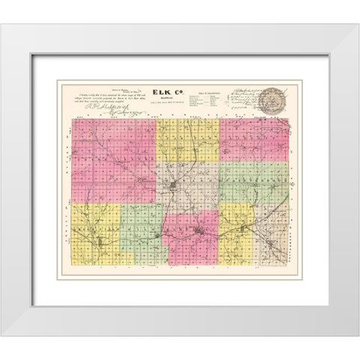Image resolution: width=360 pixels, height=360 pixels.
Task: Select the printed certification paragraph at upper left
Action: pyautogui.click(x=105, y=96)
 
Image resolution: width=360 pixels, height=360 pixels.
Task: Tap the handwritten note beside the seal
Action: pyautogui.click(x=240, y=97)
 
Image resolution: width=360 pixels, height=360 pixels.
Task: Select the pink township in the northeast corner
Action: pyautogui.click(x=255, y=139)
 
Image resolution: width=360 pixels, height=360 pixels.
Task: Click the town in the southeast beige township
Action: pyautogui.click(x=263, y=240)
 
